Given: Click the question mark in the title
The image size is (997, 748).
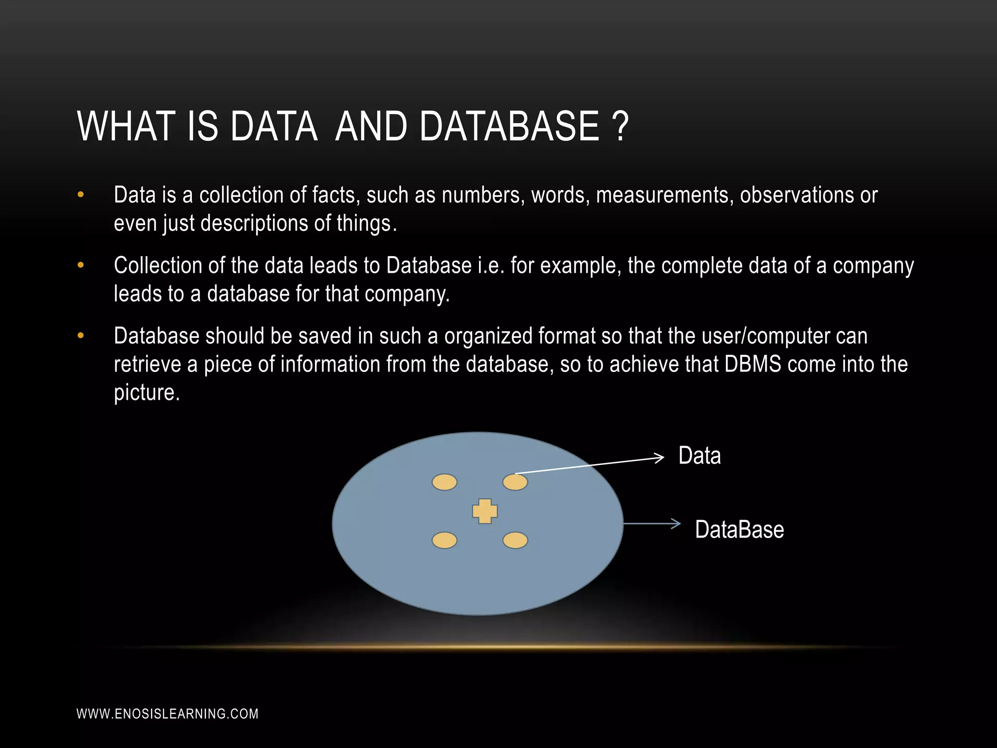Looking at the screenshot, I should [619, 126].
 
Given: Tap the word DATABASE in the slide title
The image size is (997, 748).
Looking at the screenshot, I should [509, 126].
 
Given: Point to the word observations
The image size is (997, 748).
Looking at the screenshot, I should [797, 195].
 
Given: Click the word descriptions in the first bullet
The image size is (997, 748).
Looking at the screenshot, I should [254, 224].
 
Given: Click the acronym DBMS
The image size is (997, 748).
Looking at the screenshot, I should [753, 364].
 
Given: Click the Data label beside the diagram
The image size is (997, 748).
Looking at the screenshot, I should [700, 456].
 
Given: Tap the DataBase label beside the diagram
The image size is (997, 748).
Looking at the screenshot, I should [739, 530].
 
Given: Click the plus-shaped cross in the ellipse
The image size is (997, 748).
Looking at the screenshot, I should [485, 511].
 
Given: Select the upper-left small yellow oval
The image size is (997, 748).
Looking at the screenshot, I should [444, 482].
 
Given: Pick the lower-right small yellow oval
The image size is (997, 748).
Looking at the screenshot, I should [515, 541].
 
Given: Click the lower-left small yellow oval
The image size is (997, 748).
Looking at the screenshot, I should [444, 541].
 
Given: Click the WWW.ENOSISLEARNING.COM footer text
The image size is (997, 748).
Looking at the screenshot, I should [167, 714].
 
